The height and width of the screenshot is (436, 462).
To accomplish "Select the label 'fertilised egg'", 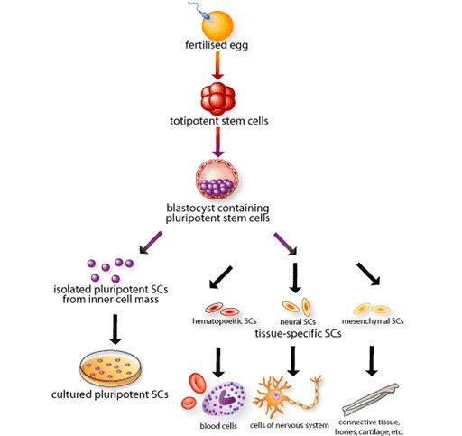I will [217, 45].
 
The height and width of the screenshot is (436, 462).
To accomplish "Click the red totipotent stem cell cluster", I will [217, 99].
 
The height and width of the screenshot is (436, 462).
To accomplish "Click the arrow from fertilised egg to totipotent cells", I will [217, 66].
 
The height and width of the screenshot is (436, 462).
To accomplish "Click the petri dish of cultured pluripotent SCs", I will [114, 367].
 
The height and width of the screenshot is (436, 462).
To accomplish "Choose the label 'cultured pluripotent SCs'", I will [109, 394].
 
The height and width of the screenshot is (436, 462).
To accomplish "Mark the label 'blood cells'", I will [217, 426].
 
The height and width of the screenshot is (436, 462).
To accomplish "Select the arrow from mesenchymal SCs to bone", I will [371, 360].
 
